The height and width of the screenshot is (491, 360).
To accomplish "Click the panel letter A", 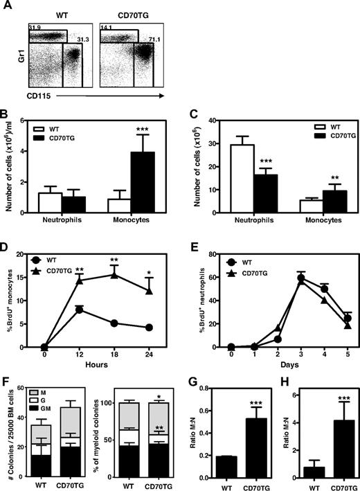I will click(x=8, y=5).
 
